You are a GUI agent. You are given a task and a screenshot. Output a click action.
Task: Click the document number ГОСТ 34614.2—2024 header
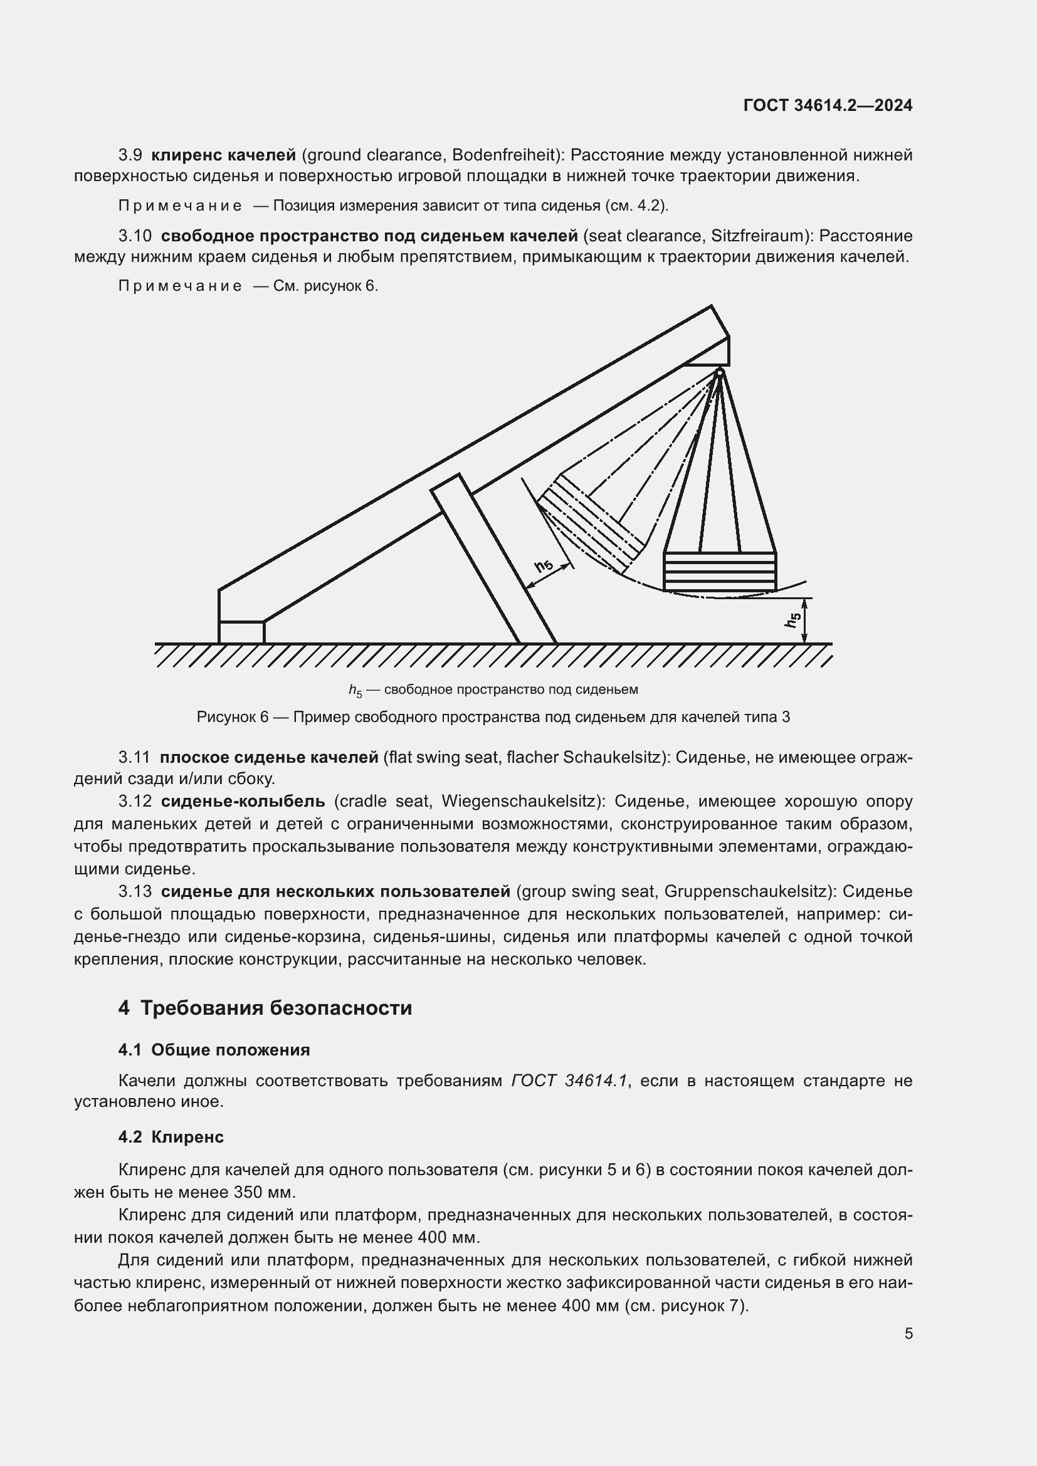(x=828, y=105)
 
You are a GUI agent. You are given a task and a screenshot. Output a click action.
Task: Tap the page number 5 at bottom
(x=908, y=1334)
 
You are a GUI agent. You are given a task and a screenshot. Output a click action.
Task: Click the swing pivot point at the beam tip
(x=720, y=372)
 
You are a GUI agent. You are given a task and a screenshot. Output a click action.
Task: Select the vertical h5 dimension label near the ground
(x=793, y=619)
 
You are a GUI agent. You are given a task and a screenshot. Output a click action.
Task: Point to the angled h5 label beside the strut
(x=544, y=566)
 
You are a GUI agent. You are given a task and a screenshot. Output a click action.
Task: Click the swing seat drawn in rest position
(x=720, y=572)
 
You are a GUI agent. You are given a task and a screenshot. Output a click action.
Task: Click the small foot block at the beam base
(x=241, y=632)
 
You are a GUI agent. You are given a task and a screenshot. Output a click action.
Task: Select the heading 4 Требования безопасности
(x=265, y=1008)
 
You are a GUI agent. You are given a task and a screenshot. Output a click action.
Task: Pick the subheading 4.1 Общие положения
(x=214, y=1050)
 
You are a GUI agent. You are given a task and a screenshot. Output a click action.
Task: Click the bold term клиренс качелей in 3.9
(x=223, y=155)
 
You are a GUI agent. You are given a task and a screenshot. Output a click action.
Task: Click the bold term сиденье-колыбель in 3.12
(x=243, y=802)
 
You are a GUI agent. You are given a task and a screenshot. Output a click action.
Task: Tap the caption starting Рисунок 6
(x=493, y=717)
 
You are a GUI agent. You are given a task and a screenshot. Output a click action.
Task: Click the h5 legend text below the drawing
(x=493, y=689)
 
